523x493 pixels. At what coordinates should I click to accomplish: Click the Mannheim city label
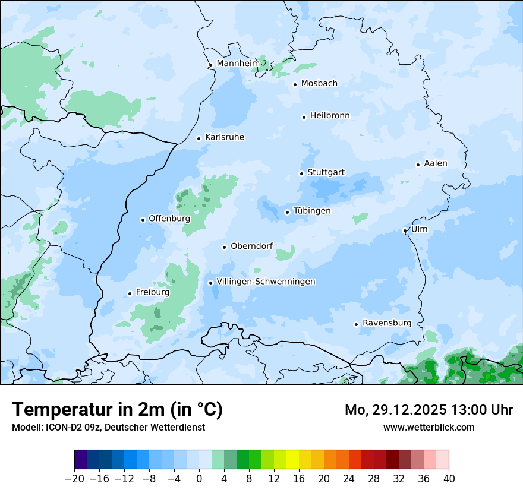click(238, 63)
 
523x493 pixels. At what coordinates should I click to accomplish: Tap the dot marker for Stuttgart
click(301, 173)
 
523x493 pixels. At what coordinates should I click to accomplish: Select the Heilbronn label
click(330, 115)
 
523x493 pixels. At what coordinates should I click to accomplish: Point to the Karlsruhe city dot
click(199, 138)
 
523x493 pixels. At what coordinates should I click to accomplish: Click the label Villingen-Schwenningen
click(266, 281)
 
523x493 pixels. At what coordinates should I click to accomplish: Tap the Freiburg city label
click(152, 292)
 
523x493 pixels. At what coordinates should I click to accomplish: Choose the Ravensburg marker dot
click(356, 324)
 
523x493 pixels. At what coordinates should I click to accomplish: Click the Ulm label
click(419, 229)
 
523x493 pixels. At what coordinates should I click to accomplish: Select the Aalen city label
click(436, 163)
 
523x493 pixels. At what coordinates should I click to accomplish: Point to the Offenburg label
click(169, 218)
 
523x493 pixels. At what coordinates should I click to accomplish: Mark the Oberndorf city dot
click(224, 247)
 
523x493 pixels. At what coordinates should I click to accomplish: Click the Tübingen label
click(312, 211)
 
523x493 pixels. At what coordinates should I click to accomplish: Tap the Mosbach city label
click(319, 83)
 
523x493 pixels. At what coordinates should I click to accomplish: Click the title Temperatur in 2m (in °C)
click(117, 409)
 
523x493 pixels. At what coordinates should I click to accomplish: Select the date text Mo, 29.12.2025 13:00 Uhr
click(429, 410)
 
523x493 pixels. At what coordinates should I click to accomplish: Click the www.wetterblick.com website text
click(429, 427)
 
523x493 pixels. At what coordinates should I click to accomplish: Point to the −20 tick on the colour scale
click(75, 478)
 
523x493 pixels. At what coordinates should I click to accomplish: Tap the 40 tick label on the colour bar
click(449, 478)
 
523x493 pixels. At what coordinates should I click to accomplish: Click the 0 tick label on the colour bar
click(199, 478)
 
